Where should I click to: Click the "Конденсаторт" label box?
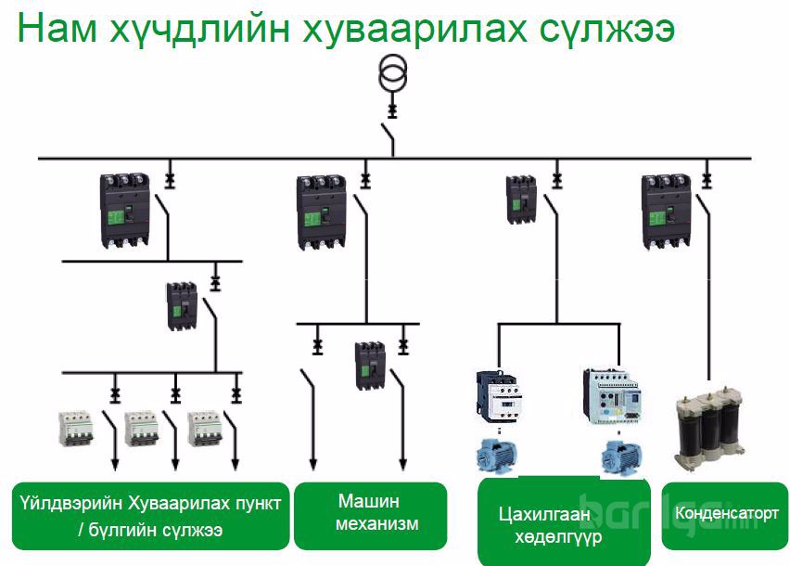pos(726,514)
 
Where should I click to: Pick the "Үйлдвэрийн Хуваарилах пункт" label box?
pos(150,515)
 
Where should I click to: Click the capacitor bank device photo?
pos(710,428)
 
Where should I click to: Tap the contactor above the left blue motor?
pos(501,398)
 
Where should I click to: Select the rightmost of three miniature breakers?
pos(205,431)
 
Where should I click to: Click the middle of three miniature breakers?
pos(141,431)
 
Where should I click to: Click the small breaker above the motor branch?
pos(523,200)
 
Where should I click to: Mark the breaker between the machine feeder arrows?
pos(368,366)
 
